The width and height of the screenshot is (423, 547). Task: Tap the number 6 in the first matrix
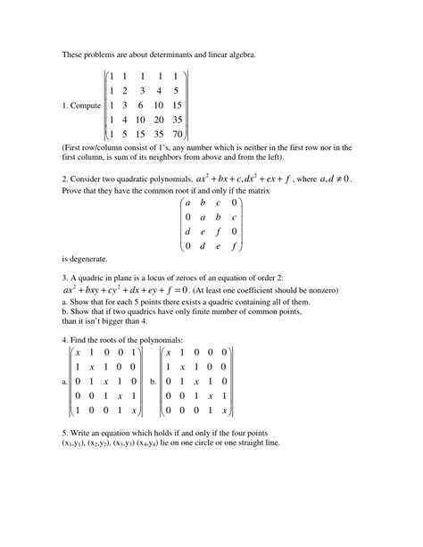click(x=133, y=104)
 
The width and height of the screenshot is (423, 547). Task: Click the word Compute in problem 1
click(x=85, y=105)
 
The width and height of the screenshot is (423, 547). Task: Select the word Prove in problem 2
click(x=74, y=190)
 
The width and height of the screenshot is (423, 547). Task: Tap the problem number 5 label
click(x=65, y=432)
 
